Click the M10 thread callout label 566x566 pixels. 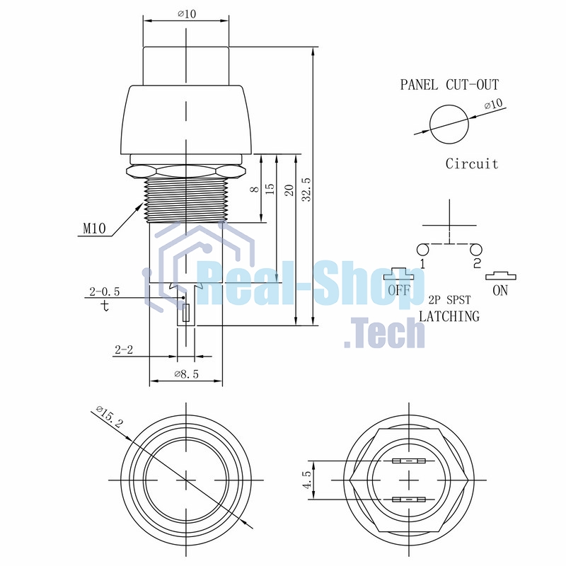click(x=95, y=229)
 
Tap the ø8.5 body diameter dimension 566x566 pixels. click(x=187, y=374)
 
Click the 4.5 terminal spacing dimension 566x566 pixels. click(x=307, y=480)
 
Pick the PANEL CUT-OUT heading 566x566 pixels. click(x=449, y=85)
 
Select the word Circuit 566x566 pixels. click(x=472, y=164)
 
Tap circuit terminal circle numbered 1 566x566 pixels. click(x=422, y=250)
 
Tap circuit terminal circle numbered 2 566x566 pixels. click(x=476, y=250)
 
